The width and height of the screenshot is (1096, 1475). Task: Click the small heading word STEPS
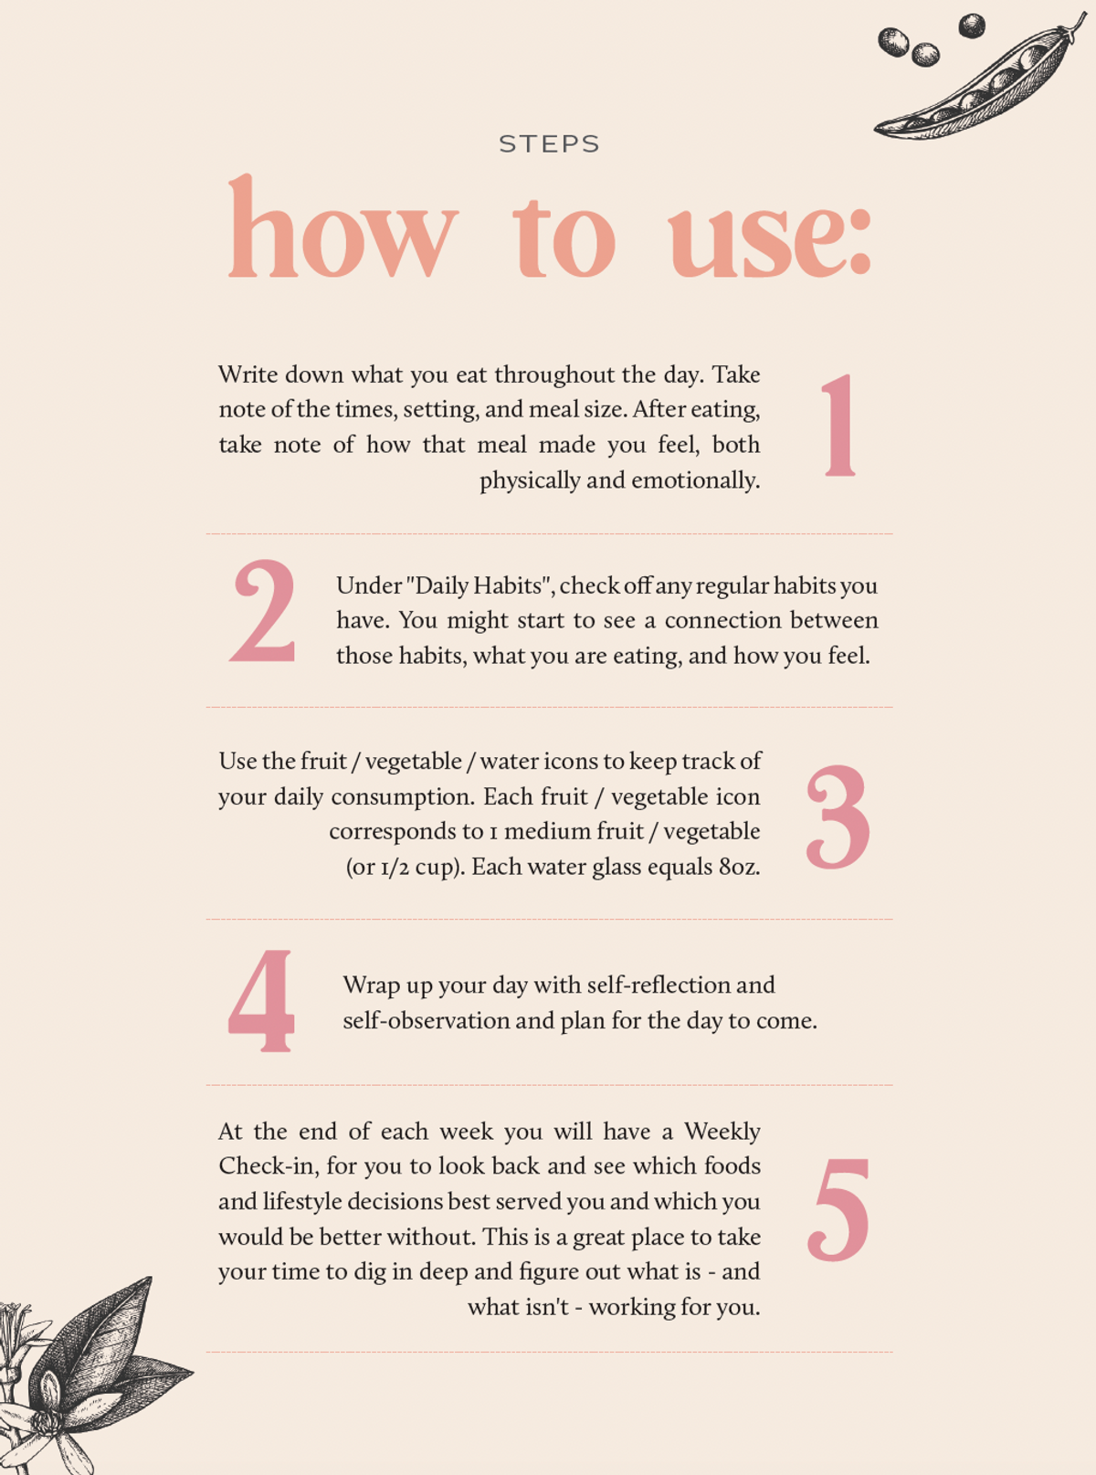pyautogui.click(x=549, y=144)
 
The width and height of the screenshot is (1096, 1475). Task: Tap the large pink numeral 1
pyautogui.click(x=839, y=425)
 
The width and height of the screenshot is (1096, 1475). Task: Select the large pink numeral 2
pyautogui.click(x=263, y=610)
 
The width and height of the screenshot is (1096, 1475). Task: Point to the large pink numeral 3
pyautogui.click(x=838, y=817)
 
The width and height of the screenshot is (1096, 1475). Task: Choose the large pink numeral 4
pyautogui.click(x=260, y=1001)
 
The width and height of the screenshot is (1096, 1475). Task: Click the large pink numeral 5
pyautogui.click(x=838, y=1209)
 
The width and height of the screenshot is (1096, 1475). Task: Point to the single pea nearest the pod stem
pyautogui.click(x=972, y=26)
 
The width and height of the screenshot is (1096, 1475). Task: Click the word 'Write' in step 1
pyautogui.click(x=248, y=374)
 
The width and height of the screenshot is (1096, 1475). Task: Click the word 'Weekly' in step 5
pyautogui.click(x=722, y=1132)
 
